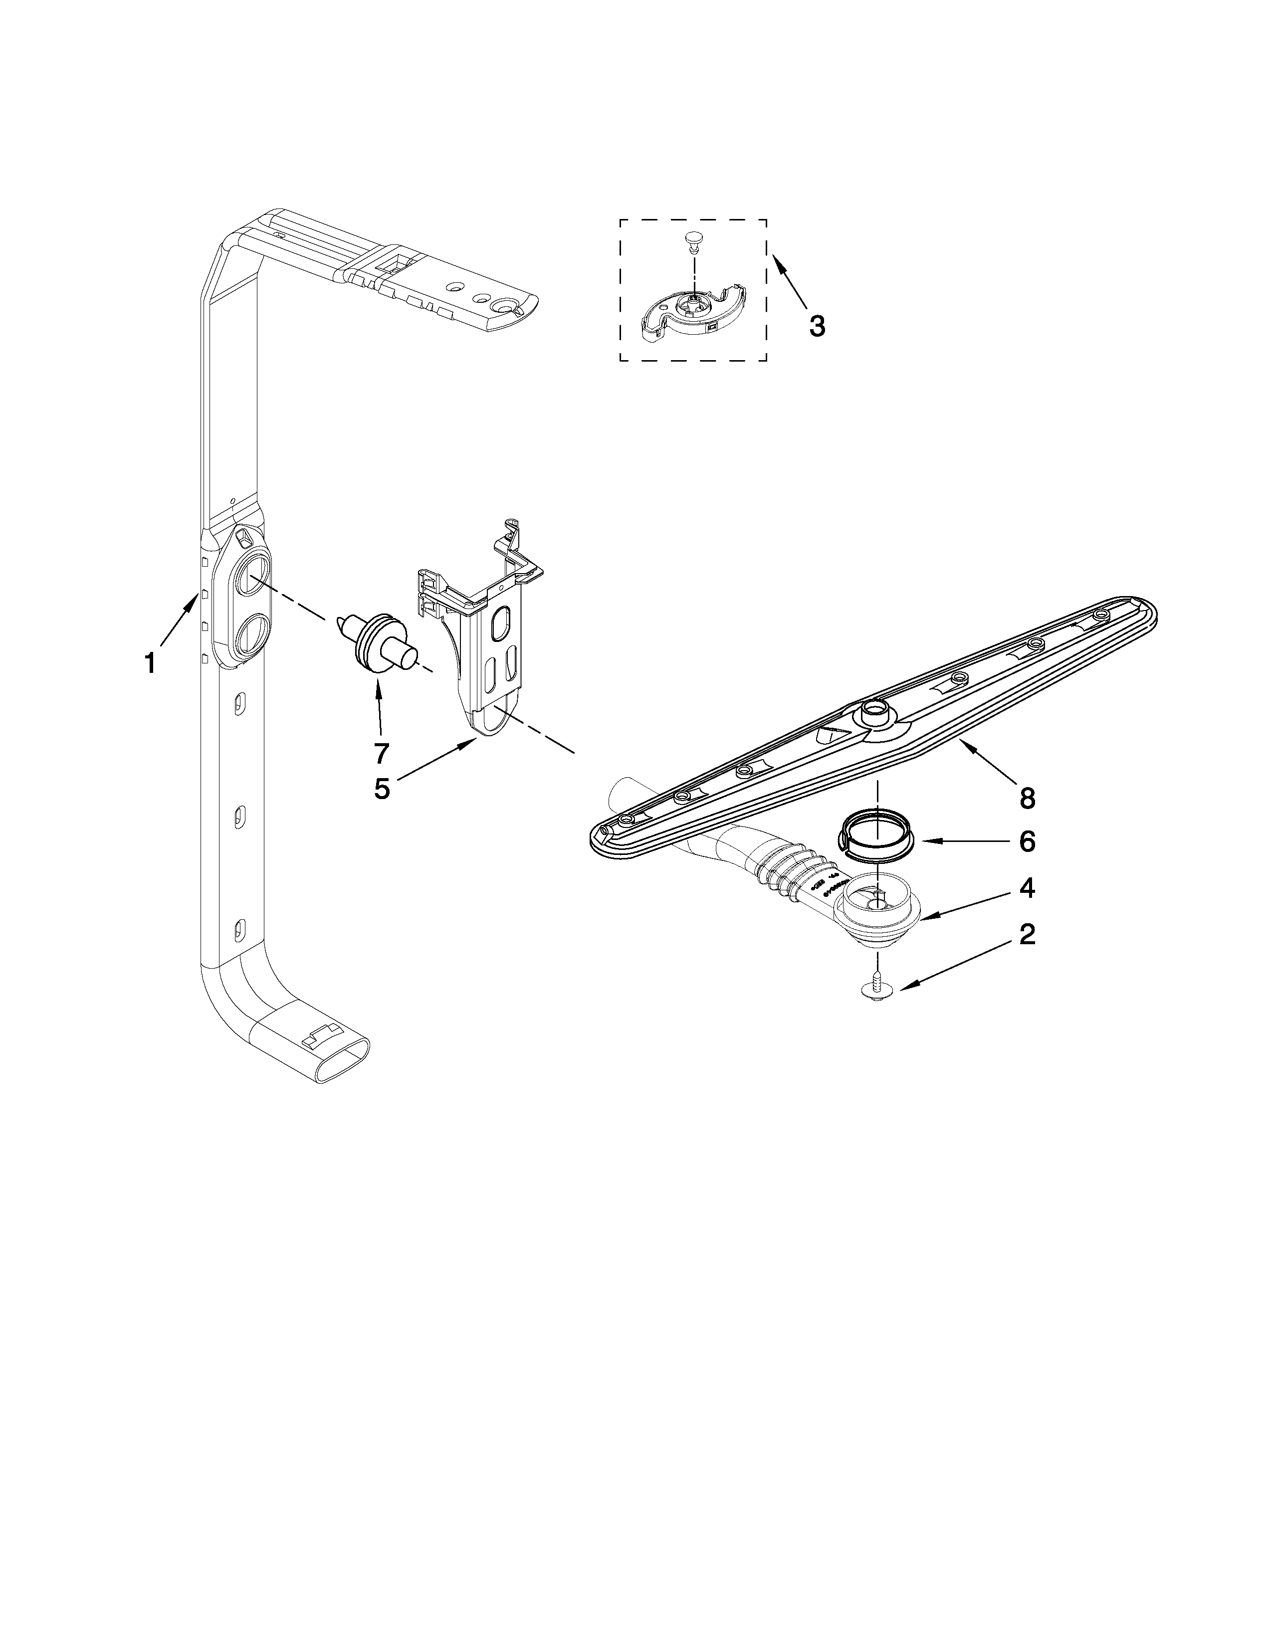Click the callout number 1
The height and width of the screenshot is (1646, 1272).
point(150,663)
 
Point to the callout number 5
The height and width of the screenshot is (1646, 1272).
point(382,788)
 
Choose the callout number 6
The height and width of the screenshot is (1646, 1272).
point(1027,841)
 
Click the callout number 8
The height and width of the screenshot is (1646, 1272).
point(1027,798)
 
